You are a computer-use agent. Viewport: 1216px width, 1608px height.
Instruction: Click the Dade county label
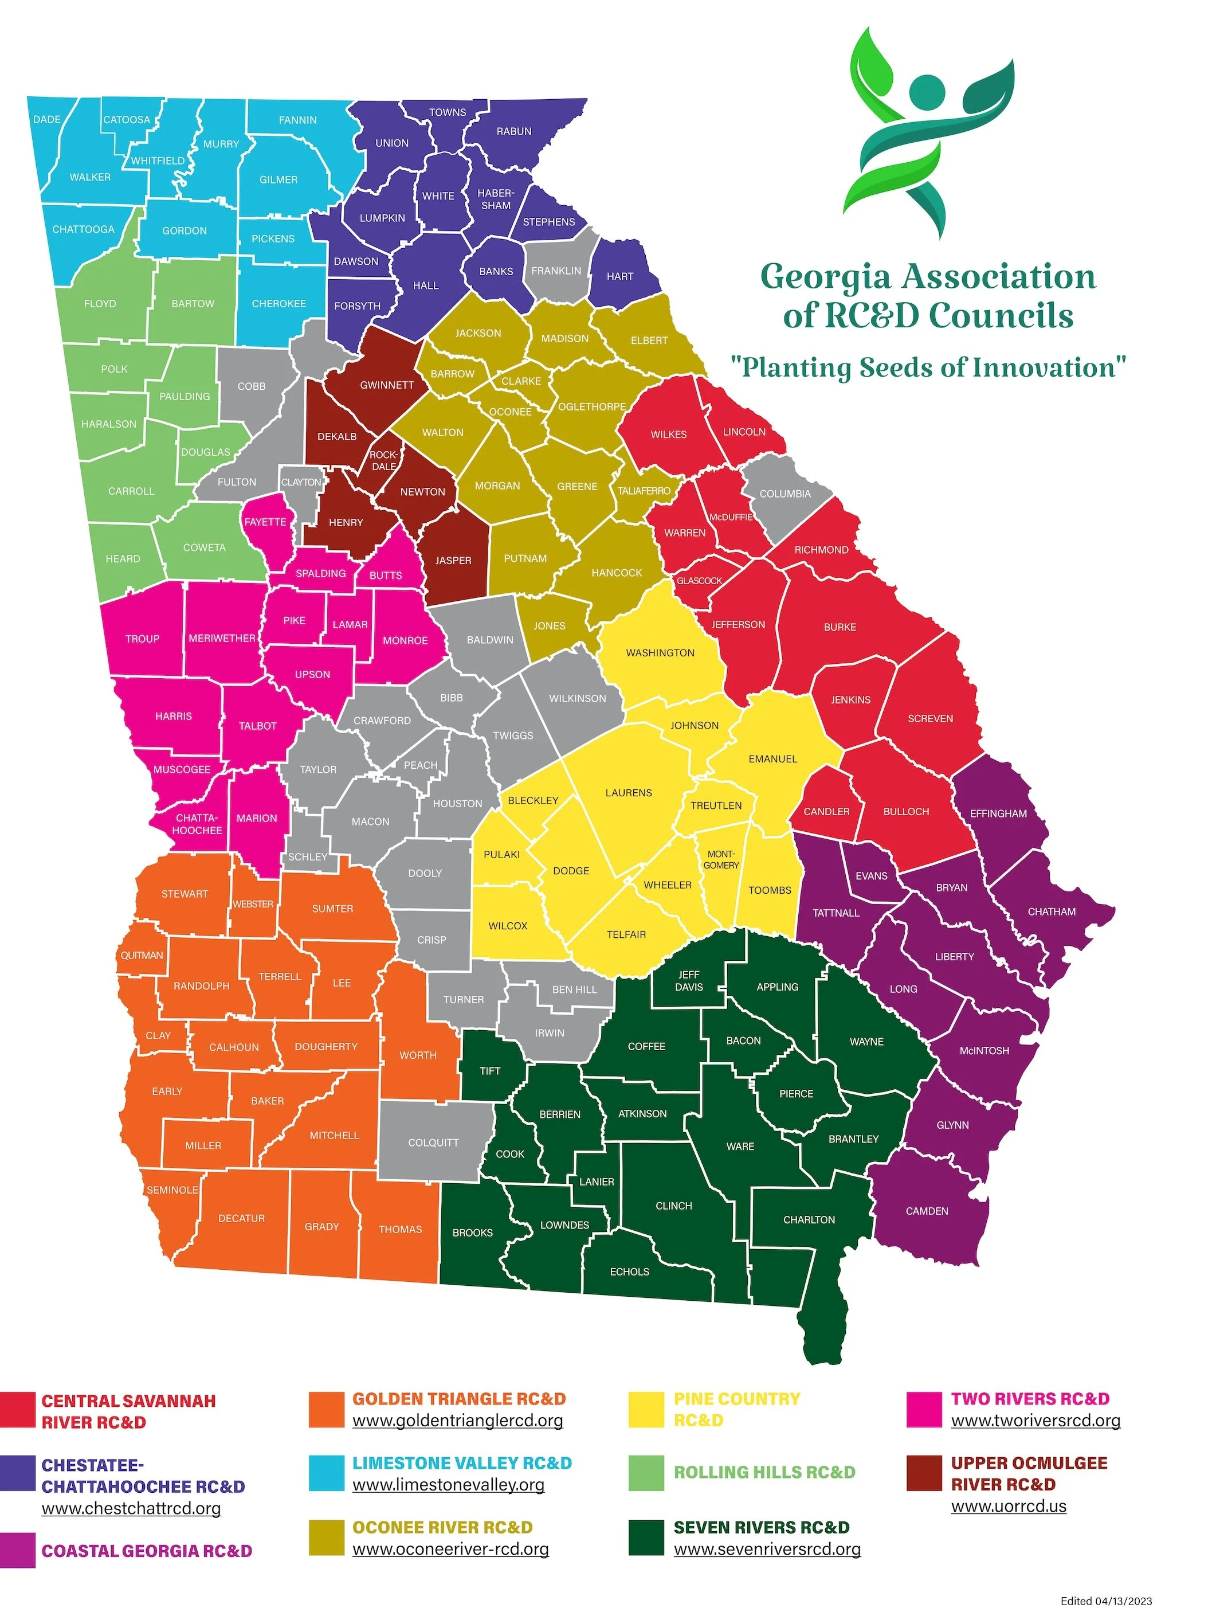pyautogui.click(x=46, y=119)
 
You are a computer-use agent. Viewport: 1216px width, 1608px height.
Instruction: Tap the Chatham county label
pyautogui.click(x=1051, y=911)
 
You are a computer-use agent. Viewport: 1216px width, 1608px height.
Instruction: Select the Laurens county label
pyautogui.click(x=628, y=792)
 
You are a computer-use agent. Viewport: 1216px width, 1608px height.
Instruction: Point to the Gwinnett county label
pyautogui.click(x=387, y=385)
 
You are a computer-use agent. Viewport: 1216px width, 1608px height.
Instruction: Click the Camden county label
pyautogui.click(x=927, y=1211)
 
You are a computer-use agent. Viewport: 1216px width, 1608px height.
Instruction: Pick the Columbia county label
pyautogui.click(x=785, y=494)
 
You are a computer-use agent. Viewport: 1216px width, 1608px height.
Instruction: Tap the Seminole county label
pyautogui.click(x=172, y=1190)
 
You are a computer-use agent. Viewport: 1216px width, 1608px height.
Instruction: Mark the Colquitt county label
pyautogui.click(x=433, y=1143)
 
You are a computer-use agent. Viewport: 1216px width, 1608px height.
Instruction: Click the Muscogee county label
pyautogui.click(x=182, y=769)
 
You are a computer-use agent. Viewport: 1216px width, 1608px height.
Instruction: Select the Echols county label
pyautogui.click(x=629, y=1271)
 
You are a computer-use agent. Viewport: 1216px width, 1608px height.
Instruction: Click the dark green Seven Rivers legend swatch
pyautogui.click(x=646, y=1538)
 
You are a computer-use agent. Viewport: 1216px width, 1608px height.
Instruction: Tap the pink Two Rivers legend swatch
pyautogui.click(x=924, y=1410)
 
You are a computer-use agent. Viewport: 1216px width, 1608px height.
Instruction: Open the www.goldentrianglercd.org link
pyautogui.click(x=457, y=1421)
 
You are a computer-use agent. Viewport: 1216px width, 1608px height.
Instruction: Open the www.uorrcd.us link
pyautogui.click(x=1008, y=1506)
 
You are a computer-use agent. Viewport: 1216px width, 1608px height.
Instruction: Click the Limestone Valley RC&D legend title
pyautogui.click(x=462, y=1464)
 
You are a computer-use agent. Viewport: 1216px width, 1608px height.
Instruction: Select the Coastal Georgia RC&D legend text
pyautogui.click(x=147, y=1551)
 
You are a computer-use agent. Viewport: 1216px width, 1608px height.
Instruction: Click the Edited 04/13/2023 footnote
pyautogui.click(x=1106, y=1601)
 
